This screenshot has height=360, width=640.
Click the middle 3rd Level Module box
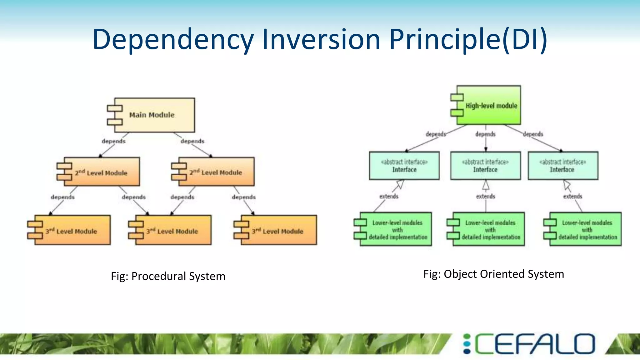point(173,230)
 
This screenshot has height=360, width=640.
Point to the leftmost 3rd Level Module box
point(72,230)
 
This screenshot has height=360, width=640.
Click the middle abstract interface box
point(485,166)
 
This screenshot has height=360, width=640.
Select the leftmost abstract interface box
point(404,166)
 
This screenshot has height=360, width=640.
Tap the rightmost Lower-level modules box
point(585,230)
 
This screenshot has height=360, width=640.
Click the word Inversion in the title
point(321,40)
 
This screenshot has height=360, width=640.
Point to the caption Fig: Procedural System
point(168,276)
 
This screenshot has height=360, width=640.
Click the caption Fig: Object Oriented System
point(493,274)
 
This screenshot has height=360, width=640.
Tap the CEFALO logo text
point(535,344)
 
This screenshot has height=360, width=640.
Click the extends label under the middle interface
point(485,196)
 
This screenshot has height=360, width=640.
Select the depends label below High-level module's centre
point(485,134)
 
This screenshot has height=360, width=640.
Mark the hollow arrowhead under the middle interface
point(486,186)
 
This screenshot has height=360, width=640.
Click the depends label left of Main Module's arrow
point(113,141)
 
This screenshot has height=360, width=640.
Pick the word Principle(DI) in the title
point(468,40)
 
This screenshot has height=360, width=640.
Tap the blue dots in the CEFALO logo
point(467,344)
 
